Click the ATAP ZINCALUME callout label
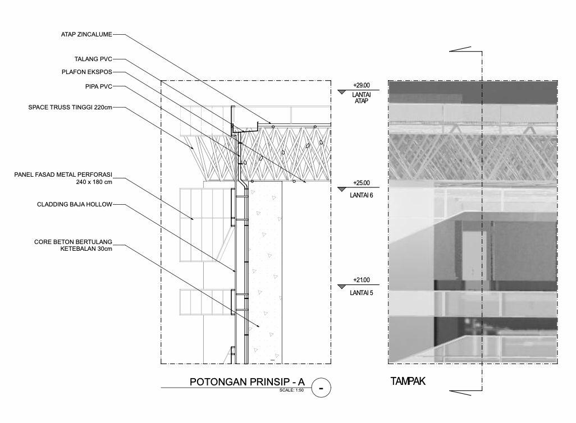(x=86, y=34)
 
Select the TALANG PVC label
(x=93, y=59)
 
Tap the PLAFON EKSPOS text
(x=87, y=72)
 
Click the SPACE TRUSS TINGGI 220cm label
(x=70, y=107)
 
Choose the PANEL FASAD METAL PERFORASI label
(x=63, y=175)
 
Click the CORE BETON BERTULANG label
(x=74, y=242)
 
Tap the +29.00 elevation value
(x=362, y=85)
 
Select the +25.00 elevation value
(x=362, y=183)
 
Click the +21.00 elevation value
(x=362, y=280)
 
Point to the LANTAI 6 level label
(x=361, y=195)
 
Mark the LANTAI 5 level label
(x=361, y=292)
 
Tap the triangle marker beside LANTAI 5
(x=342, y=287)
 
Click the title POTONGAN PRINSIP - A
(x=247, y=383)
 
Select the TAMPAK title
(x=408, y=381)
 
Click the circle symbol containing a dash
(x=321, y=387)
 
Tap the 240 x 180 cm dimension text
(x=94, y=182)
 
